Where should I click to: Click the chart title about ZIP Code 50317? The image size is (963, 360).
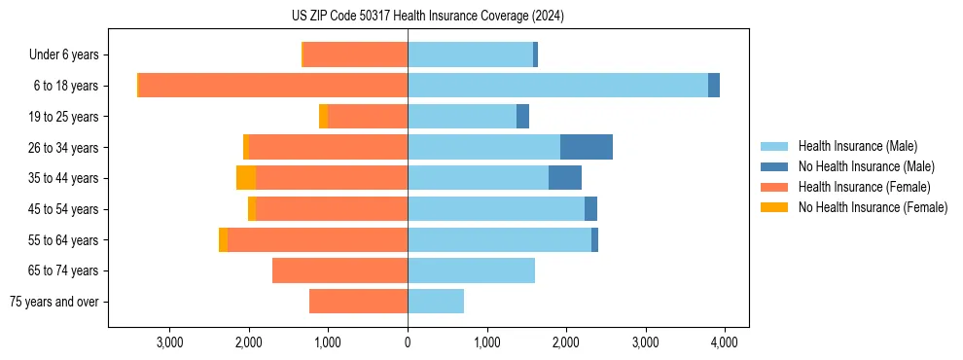[x=427, y=17]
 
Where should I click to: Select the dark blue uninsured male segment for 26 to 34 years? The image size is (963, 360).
[x=586, y=147]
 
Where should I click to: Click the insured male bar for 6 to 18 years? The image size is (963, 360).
[x=557, y=86]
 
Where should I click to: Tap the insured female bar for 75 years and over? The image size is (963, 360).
[x=358, y=302]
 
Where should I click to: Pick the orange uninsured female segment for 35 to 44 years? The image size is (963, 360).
[x=246, y=178]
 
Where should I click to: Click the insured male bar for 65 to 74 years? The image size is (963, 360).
[x=471, y=270]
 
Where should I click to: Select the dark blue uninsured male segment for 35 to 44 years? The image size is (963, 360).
[x=564, y=178]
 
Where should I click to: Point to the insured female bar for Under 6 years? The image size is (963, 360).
[x=356, y=54]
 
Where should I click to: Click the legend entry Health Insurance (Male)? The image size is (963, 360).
[x=857, y=146]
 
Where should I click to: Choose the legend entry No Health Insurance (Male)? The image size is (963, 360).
[x=866, y=166]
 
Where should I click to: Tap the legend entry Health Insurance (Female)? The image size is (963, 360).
[x=864, y=187]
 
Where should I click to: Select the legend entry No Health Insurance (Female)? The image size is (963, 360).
[x=873, y=207]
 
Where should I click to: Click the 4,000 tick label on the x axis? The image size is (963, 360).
[x=724, y=342]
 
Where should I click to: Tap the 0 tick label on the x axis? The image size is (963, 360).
[x=408, y=342]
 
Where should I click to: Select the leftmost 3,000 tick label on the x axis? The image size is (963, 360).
[x=170, y=342]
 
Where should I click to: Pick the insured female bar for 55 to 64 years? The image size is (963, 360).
[x=317, y=240]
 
